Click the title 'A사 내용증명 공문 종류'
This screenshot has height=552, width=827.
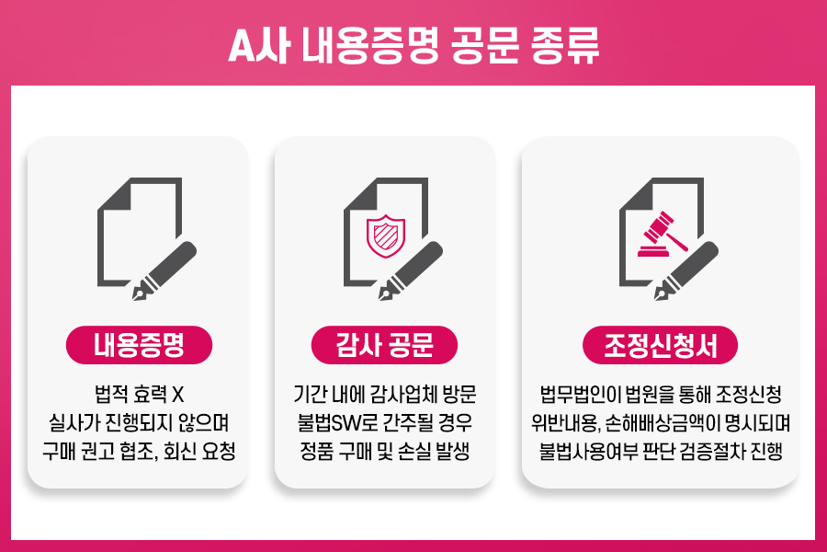pos(414,45)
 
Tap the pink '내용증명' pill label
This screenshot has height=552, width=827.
pos(140,345)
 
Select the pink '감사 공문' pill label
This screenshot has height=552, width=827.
pos(384,345)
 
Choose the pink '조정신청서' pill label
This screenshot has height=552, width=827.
pos(660,345)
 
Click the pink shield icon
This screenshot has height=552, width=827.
pos(386,236)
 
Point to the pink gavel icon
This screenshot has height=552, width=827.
pos(663,235)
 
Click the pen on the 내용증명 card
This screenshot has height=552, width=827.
pos(164,271)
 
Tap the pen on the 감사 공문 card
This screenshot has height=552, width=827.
pos(411,271)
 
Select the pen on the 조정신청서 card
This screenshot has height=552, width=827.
pos(686,271)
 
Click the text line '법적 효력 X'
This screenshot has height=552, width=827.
pos(140,395)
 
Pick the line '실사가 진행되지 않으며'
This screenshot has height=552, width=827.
pos(140,422)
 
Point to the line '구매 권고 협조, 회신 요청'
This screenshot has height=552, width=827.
pos(140,451)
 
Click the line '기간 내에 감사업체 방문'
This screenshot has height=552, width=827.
pos(385,395)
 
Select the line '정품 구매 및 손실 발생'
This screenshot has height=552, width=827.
pos(385,451)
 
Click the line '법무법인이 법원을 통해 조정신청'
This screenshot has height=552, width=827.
pos(661,395)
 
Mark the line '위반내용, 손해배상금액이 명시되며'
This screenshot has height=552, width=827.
pos(661,422)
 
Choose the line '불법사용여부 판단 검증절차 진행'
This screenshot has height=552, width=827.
pos(661,451)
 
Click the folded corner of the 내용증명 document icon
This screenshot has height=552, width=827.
pos(114,193)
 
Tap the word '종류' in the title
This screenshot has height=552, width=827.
pos(565,45)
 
